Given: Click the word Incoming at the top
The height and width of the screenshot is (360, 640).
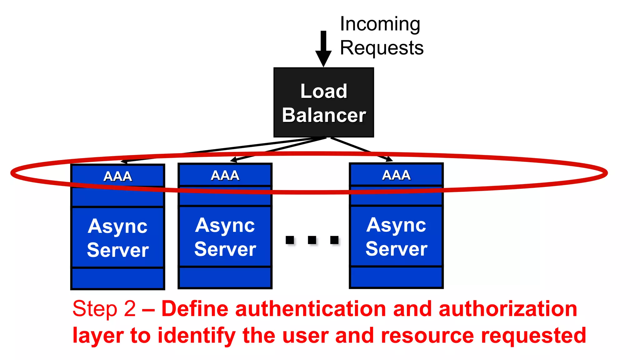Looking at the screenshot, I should (x=380, y=24).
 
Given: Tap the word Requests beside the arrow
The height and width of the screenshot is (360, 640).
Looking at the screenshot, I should (x=382, y=48).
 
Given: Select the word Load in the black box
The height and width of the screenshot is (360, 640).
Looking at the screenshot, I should (x=324, y=91).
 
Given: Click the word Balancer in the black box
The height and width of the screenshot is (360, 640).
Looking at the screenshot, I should (x=324, y=115).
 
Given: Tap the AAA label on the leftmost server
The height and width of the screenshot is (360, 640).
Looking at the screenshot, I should (x=117, y=176).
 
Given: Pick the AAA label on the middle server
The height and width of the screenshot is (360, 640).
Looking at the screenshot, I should (x=225, y=175).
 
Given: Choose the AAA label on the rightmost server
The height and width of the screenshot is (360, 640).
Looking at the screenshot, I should (x=396, y=175).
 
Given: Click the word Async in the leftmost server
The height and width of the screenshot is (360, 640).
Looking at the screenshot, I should (x=117, y=226).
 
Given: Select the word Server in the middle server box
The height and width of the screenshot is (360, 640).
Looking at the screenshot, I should (x=225, y=249).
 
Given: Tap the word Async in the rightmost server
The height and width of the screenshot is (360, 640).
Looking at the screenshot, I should (x=396, y=225).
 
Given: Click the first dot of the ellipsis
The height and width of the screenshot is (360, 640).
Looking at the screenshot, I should (x=290, y=240).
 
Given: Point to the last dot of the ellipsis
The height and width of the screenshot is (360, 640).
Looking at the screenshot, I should (x=334, y=240).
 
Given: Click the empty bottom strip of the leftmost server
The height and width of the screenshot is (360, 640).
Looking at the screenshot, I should (x=117, y=278).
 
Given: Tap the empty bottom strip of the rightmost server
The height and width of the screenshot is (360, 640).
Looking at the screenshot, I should (x=396, y=277).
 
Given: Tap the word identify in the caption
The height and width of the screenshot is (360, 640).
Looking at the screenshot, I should (x=197, y=336).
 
